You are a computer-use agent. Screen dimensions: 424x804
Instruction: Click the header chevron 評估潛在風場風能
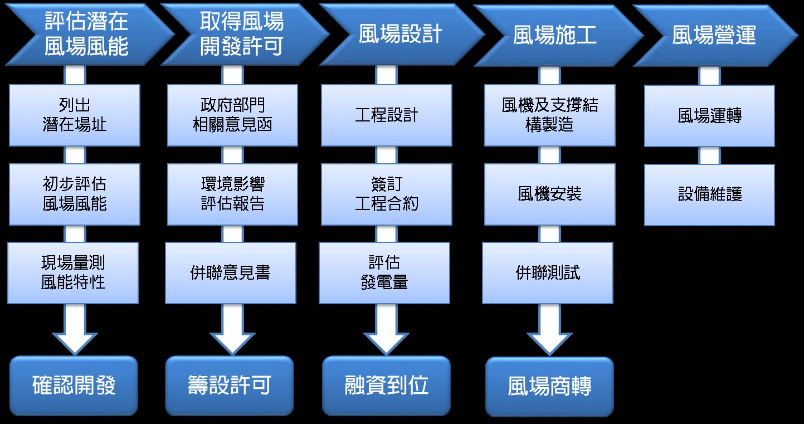tap(86, 35)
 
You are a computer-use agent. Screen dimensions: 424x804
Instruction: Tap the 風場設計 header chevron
tap(399, 35)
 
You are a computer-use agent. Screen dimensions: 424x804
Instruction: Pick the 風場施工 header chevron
tap(555, 35)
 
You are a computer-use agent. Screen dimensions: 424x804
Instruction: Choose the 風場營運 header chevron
tap(714, 35)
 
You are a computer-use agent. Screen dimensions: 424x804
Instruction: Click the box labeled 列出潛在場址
tap(74, 115)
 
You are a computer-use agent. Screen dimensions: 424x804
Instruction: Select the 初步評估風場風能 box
tap(74, 194)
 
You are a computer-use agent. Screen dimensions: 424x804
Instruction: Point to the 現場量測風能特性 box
tap(73, 272)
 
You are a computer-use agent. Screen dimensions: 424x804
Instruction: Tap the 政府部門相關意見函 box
tap(232, 115)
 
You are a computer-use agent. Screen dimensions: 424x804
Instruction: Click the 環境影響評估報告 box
tap(232, 194)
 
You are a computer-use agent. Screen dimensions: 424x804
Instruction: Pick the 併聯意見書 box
tap(230, 272)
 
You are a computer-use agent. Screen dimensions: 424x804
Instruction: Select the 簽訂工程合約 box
tap(386, 194)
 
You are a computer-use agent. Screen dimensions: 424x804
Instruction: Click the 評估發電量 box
tap(384, 272)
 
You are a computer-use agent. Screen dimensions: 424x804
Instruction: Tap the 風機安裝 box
tap(549, 194)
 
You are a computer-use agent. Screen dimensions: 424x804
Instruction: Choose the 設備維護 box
tap(709, 194)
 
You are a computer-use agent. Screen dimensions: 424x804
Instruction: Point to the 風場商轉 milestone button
tap(549, 387)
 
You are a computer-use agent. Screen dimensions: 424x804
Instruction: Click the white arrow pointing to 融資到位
tap(386, 329)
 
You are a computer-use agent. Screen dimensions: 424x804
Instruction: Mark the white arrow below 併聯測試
tap(549, 330)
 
